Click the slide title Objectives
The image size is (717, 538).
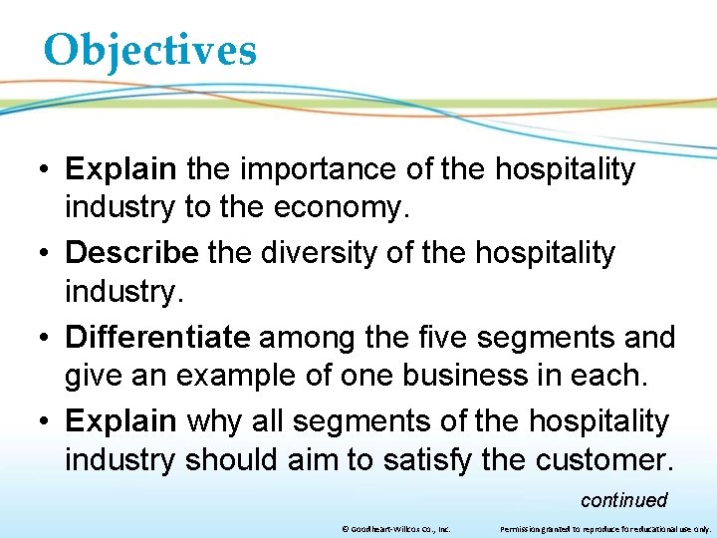(x=149, y=50)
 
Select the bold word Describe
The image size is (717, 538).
(x=131, y=253)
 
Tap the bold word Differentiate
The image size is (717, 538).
(x=157, y=337)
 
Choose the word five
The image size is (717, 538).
(x=441, y=337)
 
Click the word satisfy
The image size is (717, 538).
(x=478, y=462)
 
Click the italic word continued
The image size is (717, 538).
(x=623, y=500)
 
